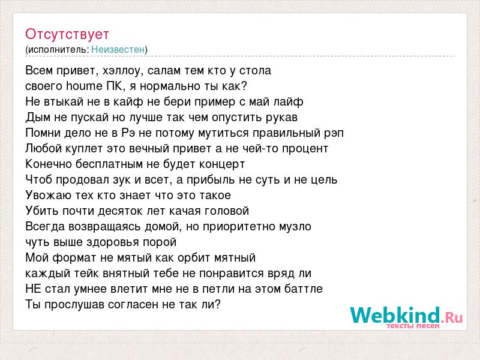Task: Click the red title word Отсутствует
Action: [67, 34]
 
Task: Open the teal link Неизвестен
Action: [118, 49]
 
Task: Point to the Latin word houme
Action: [84, 86]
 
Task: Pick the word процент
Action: [305, 149]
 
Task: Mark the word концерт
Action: [222, 164]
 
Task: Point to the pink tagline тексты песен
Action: [413, 326]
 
